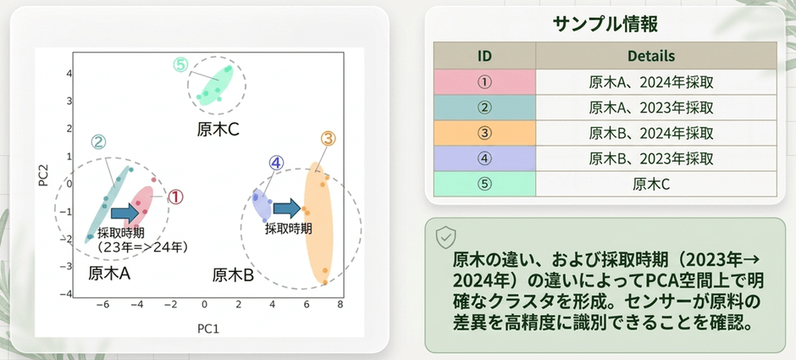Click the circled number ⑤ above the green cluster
tap(180, 65)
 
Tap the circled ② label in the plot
tap(98, 142)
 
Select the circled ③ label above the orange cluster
tap(329, 138)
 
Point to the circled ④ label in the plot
tap(276, 163)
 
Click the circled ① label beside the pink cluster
tap(174, 197)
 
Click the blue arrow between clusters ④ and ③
tap(287, 208)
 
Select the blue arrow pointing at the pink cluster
tap(124, 213)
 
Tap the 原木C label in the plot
tap(218, 130)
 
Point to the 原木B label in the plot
tap(233, 275)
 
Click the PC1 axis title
tap(208, 329)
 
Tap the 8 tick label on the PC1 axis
tap(340, 305)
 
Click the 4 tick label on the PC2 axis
tap(69, 73)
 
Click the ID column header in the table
tap(485, 55)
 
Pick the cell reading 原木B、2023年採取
tap(651, 158)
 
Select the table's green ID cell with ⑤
tap(485, 184)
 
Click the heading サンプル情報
tap(605, 25)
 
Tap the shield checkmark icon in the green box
tap(445, 236)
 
